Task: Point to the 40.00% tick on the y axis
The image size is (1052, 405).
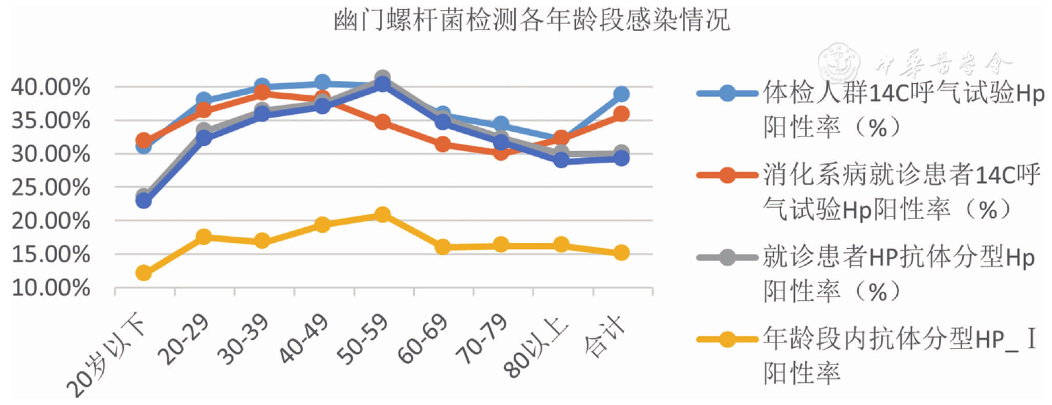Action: (x=51, y=87)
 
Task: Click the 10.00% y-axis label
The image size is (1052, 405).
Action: (x=51, y=288)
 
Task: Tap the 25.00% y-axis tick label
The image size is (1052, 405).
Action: (x=51, y=187)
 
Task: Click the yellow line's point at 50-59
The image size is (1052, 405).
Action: (x=383, y=215)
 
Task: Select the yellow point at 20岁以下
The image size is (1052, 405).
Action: (x=144, y=273)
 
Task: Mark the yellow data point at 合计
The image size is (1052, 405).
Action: (x=621, y=253)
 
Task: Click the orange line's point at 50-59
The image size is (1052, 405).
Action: (x=383, y=122)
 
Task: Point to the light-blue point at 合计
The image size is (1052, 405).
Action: (x=621, y=94)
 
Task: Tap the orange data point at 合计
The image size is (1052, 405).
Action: (x=621, y=114)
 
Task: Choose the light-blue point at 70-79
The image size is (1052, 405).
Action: (x=501, y=124)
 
